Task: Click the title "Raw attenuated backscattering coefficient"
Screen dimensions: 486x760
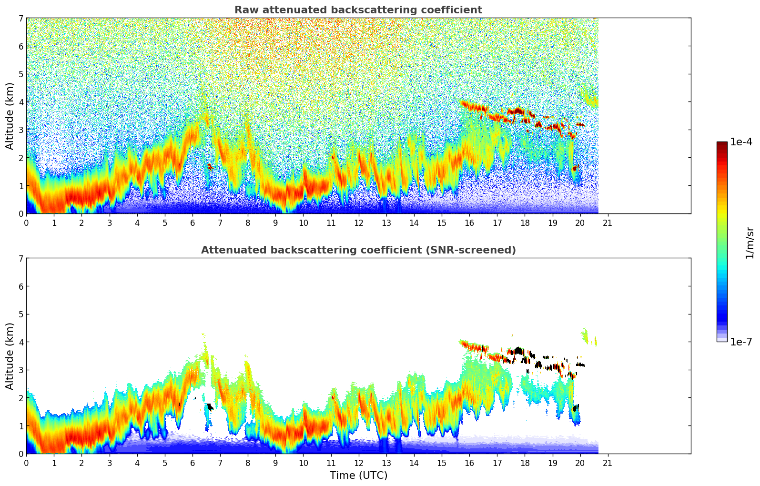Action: (358, 10)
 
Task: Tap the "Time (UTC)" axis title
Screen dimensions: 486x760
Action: (358, 476)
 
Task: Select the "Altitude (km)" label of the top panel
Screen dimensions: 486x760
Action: (10, 116)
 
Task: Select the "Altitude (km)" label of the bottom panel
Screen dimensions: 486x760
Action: (10, 356)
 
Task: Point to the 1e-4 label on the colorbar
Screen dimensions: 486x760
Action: (741, 142)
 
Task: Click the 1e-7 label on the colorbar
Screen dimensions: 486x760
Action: (741, 342)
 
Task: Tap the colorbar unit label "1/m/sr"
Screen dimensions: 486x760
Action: (750, 243)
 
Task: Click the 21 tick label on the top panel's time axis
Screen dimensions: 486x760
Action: (608, 223)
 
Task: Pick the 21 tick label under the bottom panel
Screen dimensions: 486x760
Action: (608, 463)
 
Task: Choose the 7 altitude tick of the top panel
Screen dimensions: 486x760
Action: (21, 19)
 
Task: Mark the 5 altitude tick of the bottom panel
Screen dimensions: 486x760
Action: (21, 314)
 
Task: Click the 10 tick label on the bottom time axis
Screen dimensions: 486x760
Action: (303, 463)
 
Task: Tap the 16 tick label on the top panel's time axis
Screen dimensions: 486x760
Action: (469, 223)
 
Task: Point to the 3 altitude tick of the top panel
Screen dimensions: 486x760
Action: (21, 130)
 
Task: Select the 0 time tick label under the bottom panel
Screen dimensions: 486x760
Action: (26, 463)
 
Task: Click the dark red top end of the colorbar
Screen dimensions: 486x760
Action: (721, 145)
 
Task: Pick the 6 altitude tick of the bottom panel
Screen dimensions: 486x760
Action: (21, 286)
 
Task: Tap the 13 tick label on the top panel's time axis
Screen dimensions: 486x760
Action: (386, 223)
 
